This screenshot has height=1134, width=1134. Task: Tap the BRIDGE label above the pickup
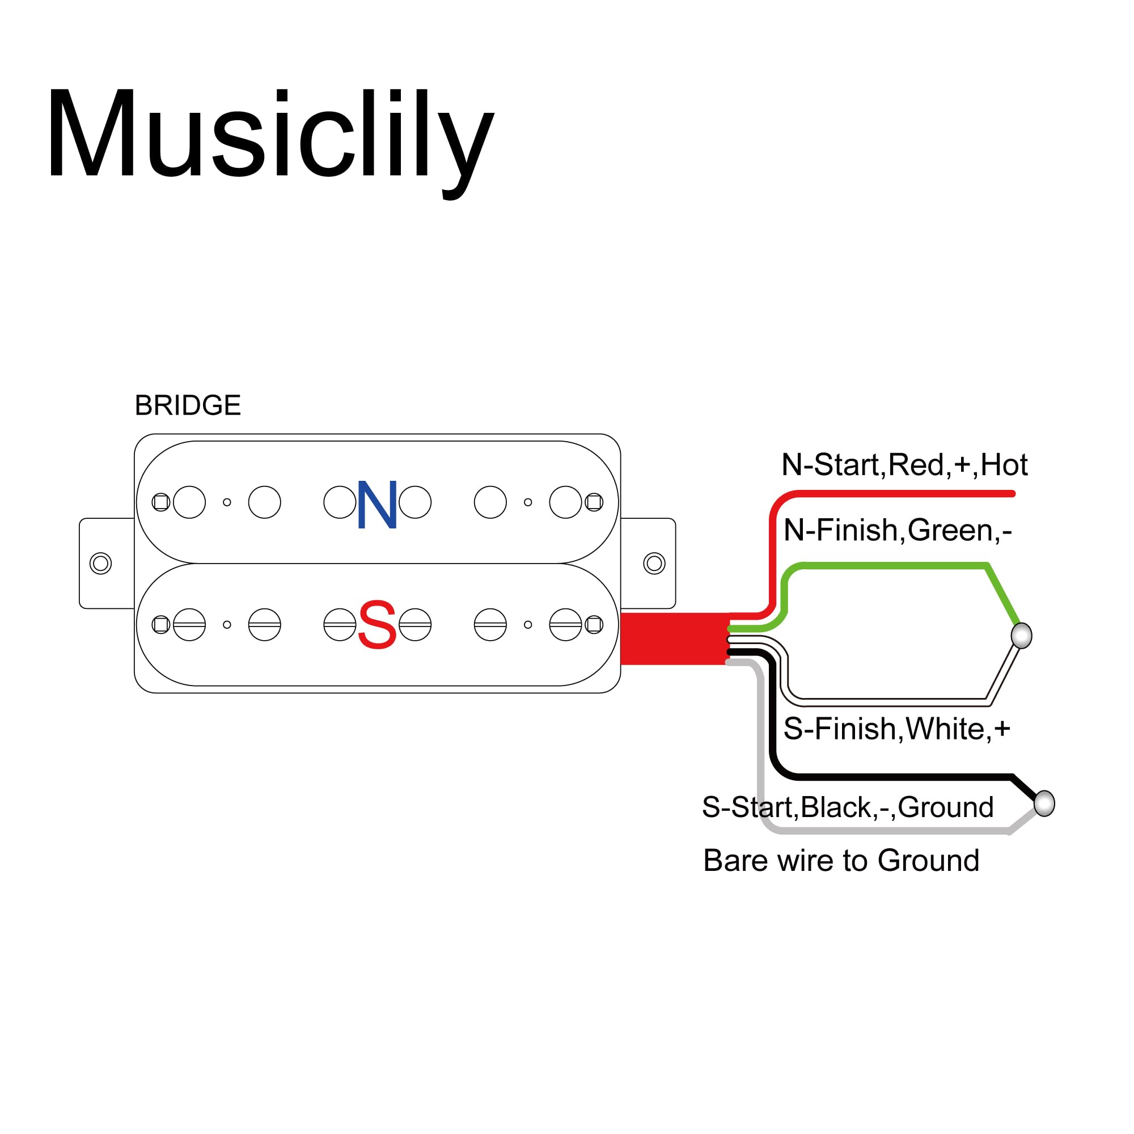click(x=188, y=405)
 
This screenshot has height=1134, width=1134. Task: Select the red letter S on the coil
click(x=377, y=625)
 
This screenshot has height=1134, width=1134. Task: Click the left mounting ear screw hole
click(x=100, y=564)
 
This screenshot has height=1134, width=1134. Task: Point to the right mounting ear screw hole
click(x=654, y=564)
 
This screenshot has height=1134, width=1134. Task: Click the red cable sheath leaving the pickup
click(x=674, y=638)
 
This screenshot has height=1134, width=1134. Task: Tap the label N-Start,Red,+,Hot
click(x=904, y=465)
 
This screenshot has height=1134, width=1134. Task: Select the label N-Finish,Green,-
click(x=898, y=530)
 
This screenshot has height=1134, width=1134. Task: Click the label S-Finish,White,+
click(x=896, y=729)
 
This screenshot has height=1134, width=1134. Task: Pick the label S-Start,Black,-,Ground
click(x=848, y=806)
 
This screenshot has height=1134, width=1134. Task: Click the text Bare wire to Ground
click(x=841, y=861)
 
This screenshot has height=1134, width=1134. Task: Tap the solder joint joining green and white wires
click(x=1021, y=636)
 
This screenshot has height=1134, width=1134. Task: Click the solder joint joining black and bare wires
click(x=1044, y=803)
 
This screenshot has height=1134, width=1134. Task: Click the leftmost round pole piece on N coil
click(x=189, y=502)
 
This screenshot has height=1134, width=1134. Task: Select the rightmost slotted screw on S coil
click(x=565, y=624)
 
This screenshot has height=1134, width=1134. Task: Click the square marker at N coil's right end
click(x=594, y=502)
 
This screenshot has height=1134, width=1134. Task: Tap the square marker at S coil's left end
click(x=161, y=624)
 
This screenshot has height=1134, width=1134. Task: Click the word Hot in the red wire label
click(x=1004, y=465)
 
